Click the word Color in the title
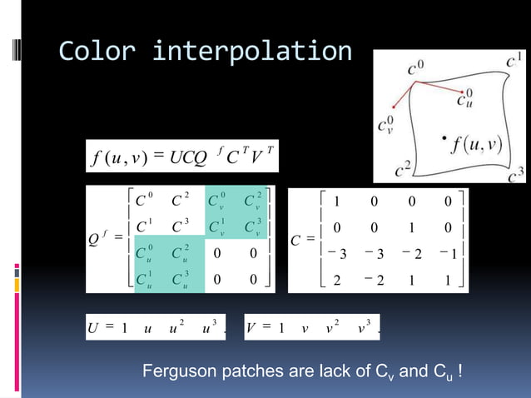(94, 52)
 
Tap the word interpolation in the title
(252, 52)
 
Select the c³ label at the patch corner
(515, 172)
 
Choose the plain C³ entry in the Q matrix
(177, 226)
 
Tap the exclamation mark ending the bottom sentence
(461, 369)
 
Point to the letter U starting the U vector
(92, 326)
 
